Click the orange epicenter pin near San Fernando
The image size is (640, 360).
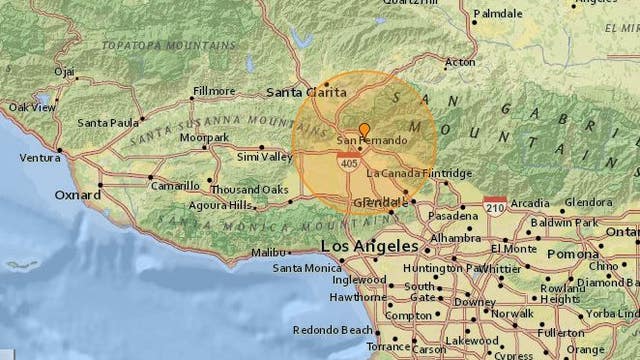click(364, 130)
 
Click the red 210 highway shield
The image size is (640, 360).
click(494, 204)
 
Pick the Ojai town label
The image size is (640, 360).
click(65, 71)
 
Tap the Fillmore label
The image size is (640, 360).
click(214, 91)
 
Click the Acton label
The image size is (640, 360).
click(460, 61)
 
